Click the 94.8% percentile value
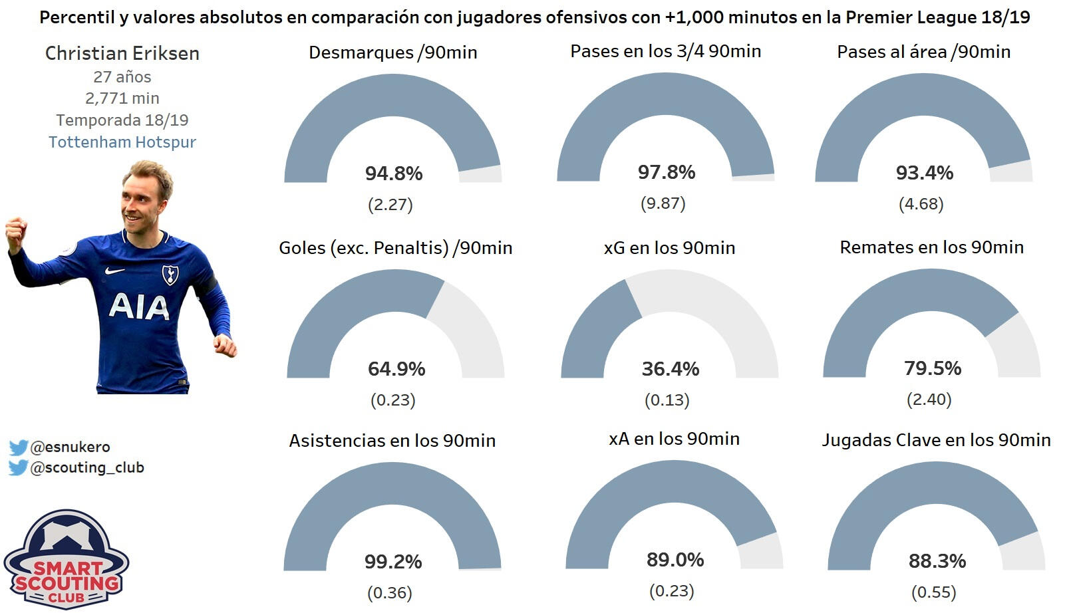(394, 174)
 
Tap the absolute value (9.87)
(663, 203)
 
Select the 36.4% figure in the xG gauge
(671, 369)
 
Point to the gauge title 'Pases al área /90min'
(923, 52)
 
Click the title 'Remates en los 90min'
(931, 247)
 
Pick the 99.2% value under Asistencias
(393, 562)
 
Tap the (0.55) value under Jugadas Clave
(933, 592)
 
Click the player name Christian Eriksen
(122, 53)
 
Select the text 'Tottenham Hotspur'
(122, 142)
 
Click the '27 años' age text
(122, 77)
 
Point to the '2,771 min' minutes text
(122, 98)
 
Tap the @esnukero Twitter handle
(70, 447)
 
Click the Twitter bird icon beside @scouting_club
(18, 468)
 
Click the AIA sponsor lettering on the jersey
(139, 306)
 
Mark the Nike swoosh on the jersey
(114, 271)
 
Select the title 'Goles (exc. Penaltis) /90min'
(396, 248)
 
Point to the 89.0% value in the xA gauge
(675, 560)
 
